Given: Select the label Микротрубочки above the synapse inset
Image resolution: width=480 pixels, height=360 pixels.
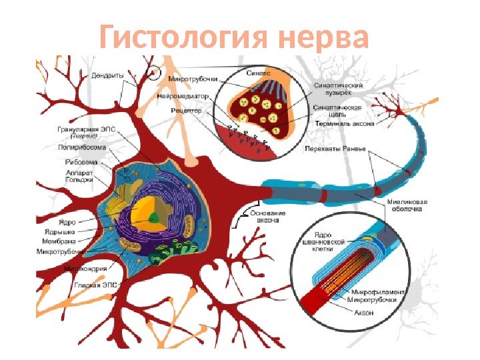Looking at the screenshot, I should (192, 79).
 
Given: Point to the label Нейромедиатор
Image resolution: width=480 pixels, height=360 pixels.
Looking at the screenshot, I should (189, 95).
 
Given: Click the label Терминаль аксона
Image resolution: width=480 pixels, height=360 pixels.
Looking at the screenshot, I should (344, 123).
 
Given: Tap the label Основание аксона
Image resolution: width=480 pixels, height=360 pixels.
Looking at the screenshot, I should (269, 217).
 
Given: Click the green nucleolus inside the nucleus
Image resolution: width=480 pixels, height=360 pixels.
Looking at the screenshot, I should (154, 216).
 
